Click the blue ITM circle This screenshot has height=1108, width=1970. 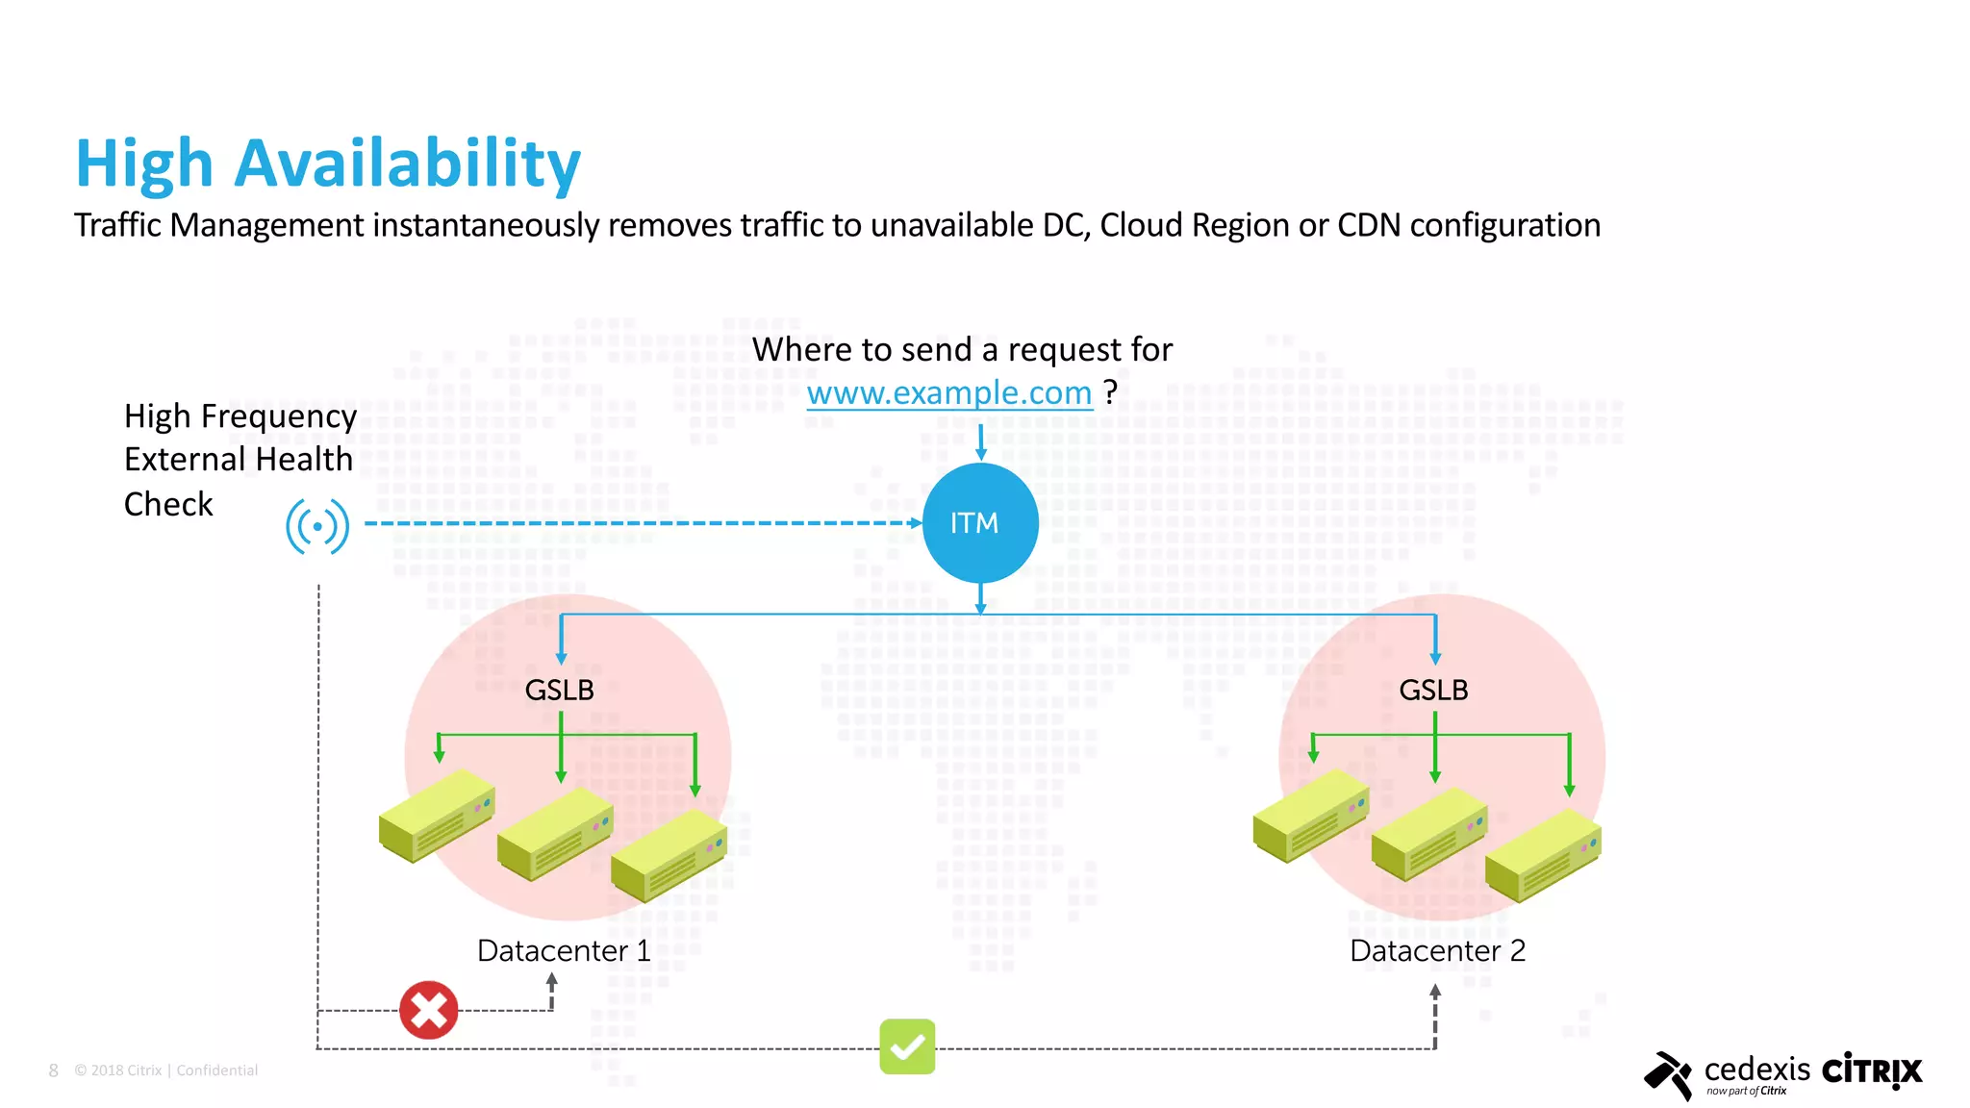point(979,523)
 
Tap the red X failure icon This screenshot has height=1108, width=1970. point(428,1010)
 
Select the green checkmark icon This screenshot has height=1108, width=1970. point(907,1046)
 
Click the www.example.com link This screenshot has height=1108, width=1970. point(949,393)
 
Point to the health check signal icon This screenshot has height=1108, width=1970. point(317,526)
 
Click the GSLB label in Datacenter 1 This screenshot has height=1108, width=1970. point(559,690)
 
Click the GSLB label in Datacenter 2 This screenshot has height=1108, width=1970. point(1433,690)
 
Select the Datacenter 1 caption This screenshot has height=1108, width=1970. point(564,950)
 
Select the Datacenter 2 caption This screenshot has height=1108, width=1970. point(1437,950)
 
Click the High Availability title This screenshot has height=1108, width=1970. point(328,163)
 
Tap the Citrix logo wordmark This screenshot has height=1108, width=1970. point(1872,1070)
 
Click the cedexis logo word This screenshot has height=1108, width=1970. point(1756,1069)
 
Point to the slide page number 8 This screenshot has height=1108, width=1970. point(54,1070)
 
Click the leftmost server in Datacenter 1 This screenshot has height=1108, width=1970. point(437,816)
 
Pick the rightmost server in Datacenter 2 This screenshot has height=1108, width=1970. point(1542,854)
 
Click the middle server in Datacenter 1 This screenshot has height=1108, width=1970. point(555,834)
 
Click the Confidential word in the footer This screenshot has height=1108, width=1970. point(217,1070)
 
